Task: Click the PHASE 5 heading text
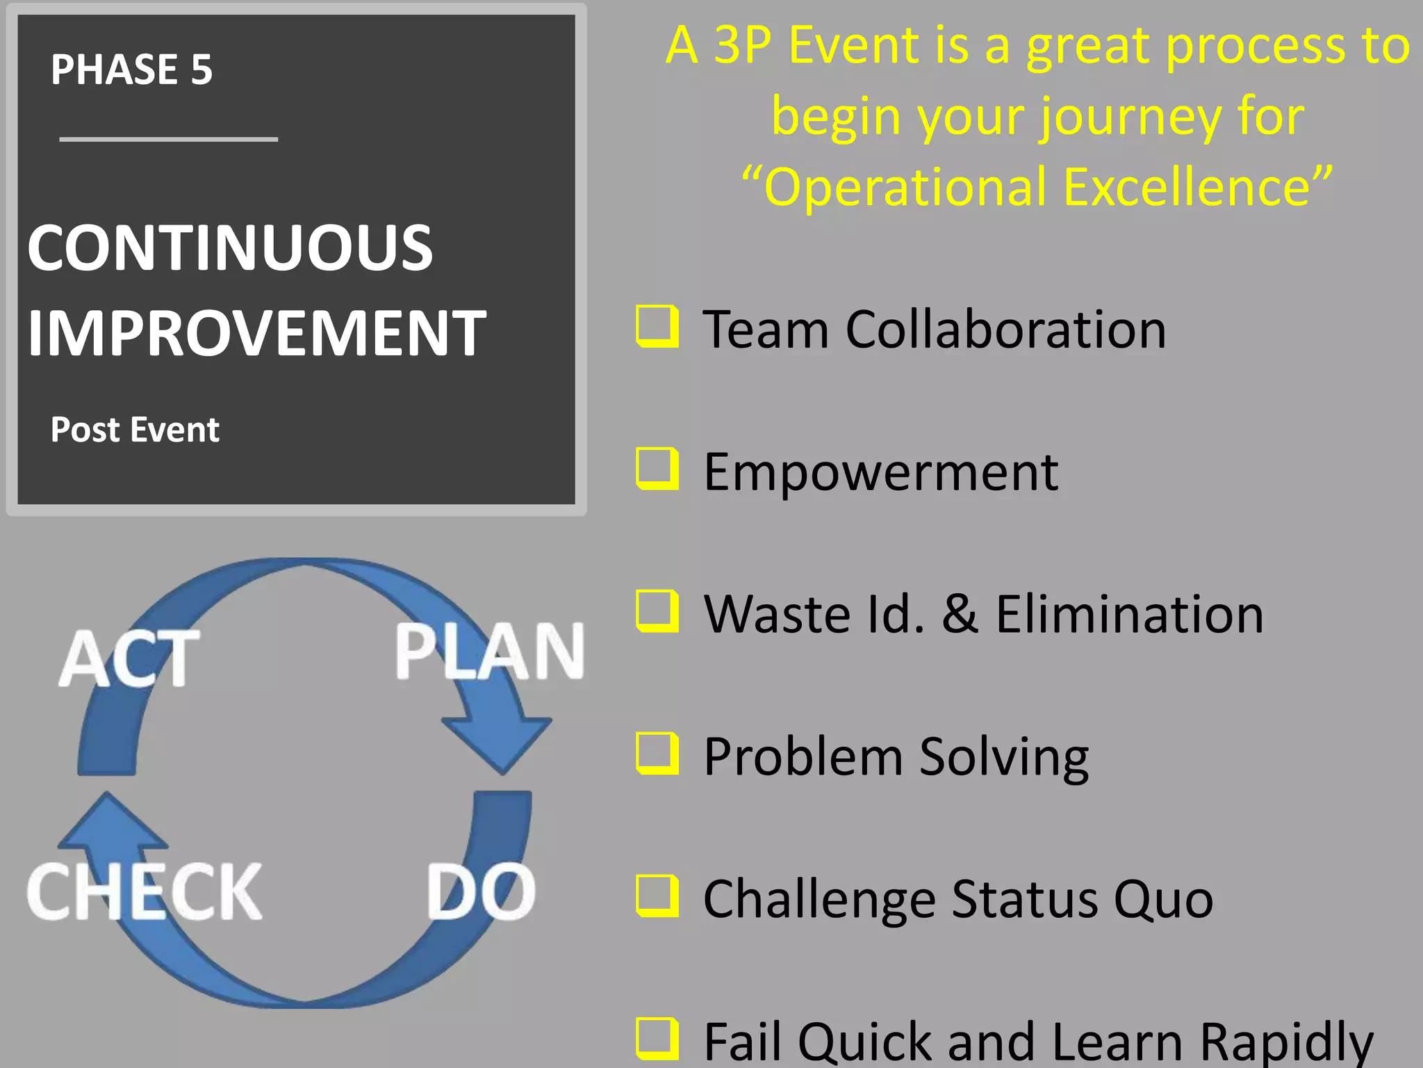pyautogui.click(x=131, y=70)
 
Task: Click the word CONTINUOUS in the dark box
pyautogui.click(x=230, y=248)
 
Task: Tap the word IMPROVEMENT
pyautogui.click(x=256, y=333)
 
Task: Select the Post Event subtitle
pyautogui.click(x=135, y=430)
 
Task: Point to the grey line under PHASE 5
pyautogui.click(x=169, y=140)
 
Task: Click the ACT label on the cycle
pyautogui.click(x=129, y=658)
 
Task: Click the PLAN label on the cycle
pyautogui.click(x=489, y=652)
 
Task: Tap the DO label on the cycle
pyautogui.click(x=481, y=892)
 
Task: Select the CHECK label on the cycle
pyautogui.click(x=145, y=892)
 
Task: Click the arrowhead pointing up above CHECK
pyautogui.click(x=111, y=824)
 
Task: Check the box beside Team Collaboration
pyautogui.click(x=657, y=326)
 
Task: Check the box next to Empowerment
pyautogui.click(x=657, y=469)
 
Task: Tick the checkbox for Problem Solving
pyautogui.click(x=657, y=754)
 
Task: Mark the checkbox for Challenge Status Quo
pyautogui.click(x=657, y=896)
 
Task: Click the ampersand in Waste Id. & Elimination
pyautogui.click(x=960, y=615)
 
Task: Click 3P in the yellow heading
pyautogui.click(x=743, y=45)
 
